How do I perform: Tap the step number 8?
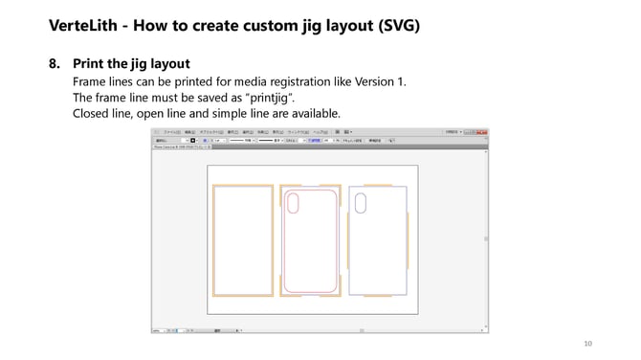coord(54,64)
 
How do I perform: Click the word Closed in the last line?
coord(94,114)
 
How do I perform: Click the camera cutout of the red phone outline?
coord(293,203)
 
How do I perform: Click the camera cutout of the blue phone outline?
coord(361,202)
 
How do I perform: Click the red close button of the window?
coord(486,131)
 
